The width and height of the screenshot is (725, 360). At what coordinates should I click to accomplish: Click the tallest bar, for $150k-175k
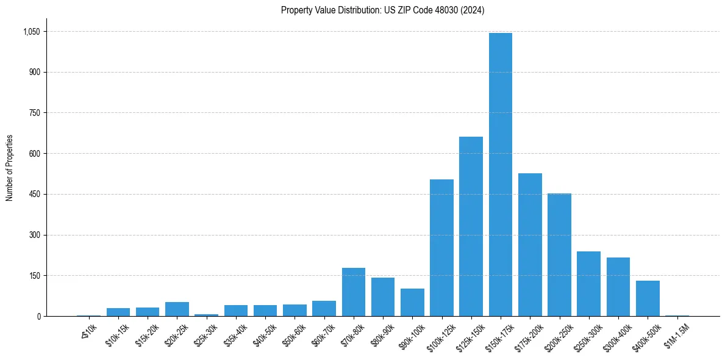(500, 175)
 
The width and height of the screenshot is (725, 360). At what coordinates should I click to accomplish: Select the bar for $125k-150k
(471, 226)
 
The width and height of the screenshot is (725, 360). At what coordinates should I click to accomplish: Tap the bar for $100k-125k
(441, 248)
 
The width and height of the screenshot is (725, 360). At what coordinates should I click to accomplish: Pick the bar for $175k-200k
(530, 245)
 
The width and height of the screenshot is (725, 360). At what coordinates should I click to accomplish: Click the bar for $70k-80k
(354, 292)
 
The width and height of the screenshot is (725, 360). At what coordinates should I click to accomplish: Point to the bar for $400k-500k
(648, 298)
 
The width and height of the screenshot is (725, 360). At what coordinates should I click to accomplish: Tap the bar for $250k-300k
(588, 284)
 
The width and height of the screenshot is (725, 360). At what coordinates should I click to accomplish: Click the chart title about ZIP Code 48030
(382, 10)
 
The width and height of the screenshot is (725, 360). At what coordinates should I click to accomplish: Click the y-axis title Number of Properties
(10, 168)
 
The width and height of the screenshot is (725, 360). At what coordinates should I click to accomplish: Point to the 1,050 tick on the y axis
(30, 32)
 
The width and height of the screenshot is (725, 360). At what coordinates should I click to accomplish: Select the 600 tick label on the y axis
(34, 154)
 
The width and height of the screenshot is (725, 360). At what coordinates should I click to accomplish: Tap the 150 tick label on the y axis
(34, 276)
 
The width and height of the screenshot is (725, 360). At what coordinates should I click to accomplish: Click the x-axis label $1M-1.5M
(676, 335)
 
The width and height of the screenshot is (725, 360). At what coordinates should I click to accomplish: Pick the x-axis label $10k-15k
(117, 335)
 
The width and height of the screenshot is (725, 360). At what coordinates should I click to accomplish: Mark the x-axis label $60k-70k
(323, 335)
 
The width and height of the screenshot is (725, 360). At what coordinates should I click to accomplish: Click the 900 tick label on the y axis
(34, 72)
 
